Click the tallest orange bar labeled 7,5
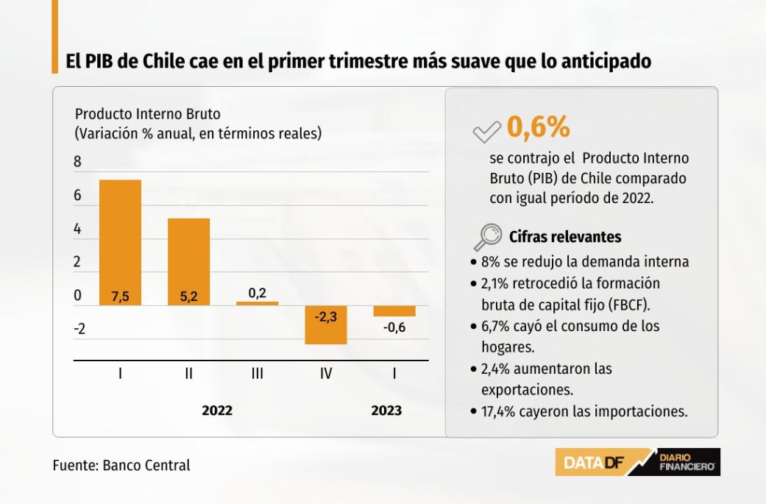[x=120, y=242]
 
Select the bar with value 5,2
[x=188, y=261]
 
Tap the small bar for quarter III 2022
[x=257, y=303]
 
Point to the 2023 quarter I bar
[x=394, y=311]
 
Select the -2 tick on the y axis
[x=79, y=329]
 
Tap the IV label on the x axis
[x=326, y=374]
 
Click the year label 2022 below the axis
[x=217, y=411]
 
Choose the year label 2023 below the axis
[x=386, y=411]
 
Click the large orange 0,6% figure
[x=538, y=128]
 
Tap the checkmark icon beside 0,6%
[x=486, y=132]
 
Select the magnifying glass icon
[x=486, y=237]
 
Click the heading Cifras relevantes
[x=565, y=237]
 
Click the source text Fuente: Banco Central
[x=121, y=465]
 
